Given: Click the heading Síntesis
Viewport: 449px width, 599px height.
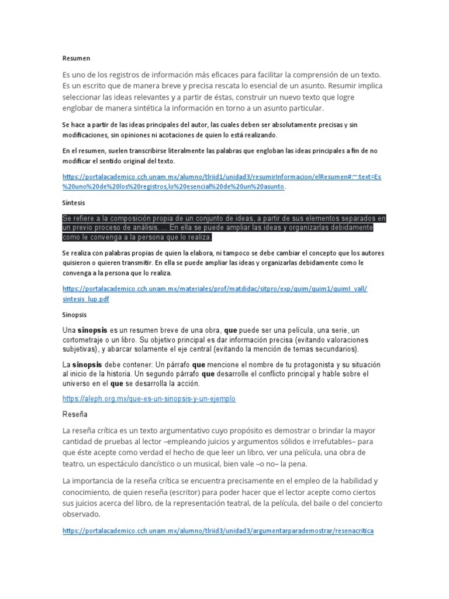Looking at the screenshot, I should pyautogui.click(x=74, y=202).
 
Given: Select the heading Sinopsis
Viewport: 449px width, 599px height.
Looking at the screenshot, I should pyautogui.click(x=74, y=314).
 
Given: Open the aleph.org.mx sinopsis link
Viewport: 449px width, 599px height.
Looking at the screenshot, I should pyautogui.click(x=148, y=398).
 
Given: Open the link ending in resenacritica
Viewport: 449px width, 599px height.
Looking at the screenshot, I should pyautogui.click(x=217, y=531).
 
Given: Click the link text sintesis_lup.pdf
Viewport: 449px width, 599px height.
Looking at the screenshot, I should pyautogui.click(x=85, y=299).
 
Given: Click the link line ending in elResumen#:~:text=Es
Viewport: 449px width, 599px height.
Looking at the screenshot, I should pyautogui.click(x=222, y=176).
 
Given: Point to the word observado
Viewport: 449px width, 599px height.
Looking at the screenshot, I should pyautogui.click(x=81, y=514).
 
